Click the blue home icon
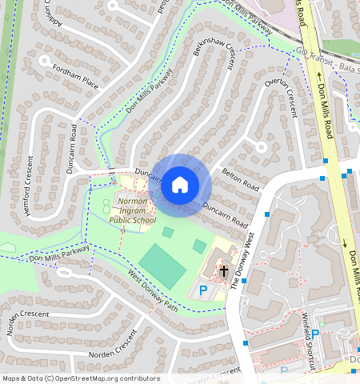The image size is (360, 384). [180, 186]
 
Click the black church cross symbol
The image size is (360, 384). [224, 271]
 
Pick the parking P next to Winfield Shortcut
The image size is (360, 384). [315, 334]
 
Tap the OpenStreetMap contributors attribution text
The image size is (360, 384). [81, 378]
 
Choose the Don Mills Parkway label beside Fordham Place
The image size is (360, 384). [149, 91]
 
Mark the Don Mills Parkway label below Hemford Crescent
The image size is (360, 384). [58, 255]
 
